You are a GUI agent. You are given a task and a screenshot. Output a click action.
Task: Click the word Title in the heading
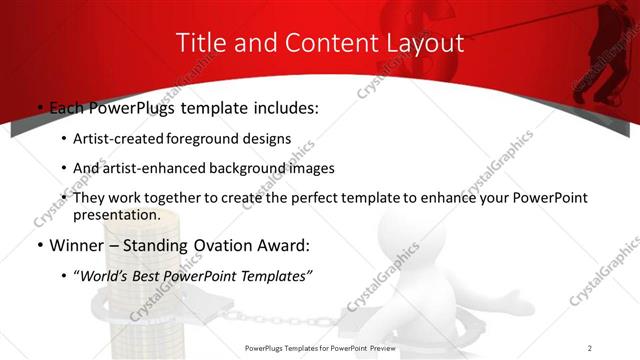coord(200,43)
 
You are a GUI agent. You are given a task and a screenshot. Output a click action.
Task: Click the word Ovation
coord(218,245)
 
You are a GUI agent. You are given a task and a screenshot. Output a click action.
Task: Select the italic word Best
coord(150,275)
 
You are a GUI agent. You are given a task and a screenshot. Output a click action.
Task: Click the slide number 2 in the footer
coord(590,347)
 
